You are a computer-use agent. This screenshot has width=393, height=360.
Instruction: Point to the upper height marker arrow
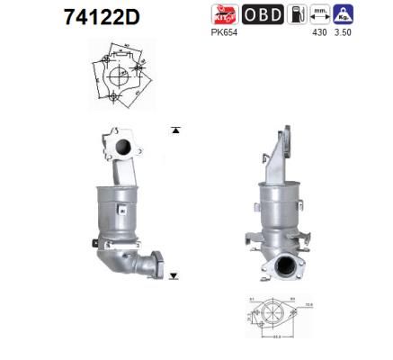tap(175, 131)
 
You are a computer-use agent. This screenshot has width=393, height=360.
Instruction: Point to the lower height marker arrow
tap(174, 275)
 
